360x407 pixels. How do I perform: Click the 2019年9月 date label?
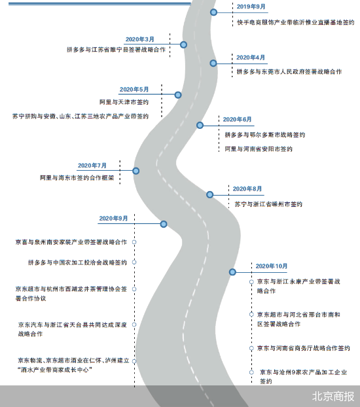(x=251, y=7)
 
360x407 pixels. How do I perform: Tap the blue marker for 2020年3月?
(x=183, y=44)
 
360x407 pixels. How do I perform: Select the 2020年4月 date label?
(x=251, y=58)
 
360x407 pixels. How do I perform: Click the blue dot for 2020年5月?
(x=178, y=95)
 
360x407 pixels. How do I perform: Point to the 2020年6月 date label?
(x=237, y=119)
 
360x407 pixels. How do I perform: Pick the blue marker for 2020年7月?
(x=136, y=171)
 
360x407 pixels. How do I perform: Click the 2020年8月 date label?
(x=247, y=188)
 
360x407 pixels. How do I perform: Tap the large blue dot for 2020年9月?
(x=164, y=224)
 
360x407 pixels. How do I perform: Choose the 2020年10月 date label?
(x=272, y=266)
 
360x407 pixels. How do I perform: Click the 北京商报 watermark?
(x=333, y=397)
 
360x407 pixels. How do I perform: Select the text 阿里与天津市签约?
(x=124, y=102)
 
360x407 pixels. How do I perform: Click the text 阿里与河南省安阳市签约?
(x=259, y=149)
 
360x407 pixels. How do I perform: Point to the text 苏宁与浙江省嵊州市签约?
(x=268, y=204)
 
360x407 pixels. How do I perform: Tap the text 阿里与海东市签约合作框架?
(x=77, y=178)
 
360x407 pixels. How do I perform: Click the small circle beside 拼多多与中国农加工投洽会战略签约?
(x=134, y=262)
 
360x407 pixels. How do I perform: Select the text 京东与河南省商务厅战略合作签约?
(x=303, y=348)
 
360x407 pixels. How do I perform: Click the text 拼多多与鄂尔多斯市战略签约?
(x=265, y=135)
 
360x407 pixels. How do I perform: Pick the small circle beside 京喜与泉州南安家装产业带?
(x=134, y=242)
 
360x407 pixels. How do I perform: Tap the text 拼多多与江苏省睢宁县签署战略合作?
(x=116, y=50)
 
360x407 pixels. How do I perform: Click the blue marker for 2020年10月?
(x=232, y=272)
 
